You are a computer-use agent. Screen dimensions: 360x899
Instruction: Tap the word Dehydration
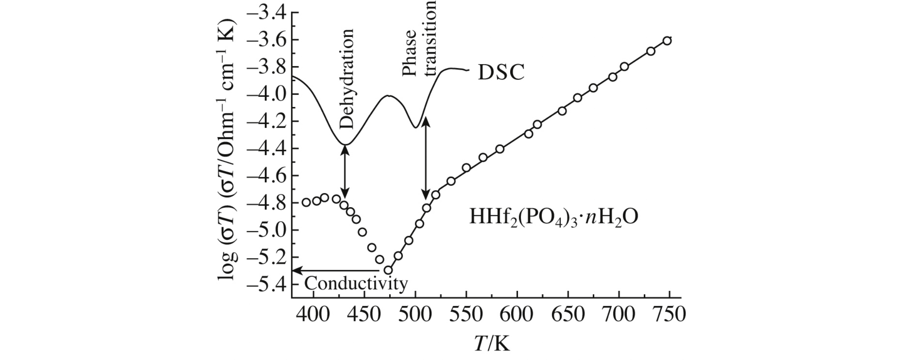click(346, 78)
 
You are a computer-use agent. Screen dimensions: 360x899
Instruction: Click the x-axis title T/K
click(491, 344)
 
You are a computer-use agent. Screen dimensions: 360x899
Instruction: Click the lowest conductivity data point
click(388, 270)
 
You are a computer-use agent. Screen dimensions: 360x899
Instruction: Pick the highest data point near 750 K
click(667, 41)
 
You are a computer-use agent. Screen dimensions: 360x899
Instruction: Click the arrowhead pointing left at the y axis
click(296, 270)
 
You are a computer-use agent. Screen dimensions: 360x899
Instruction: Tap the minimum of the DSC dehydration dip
click(344, 145)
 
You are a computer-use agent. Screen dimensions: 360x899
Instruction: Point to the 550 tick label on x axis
click(466, 314)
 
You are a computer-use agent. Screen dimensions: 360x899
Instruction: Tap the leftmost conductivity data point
click(306, 202)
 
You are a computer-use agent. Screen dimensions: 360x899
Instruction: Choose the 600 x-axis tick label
click(517, 314)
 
